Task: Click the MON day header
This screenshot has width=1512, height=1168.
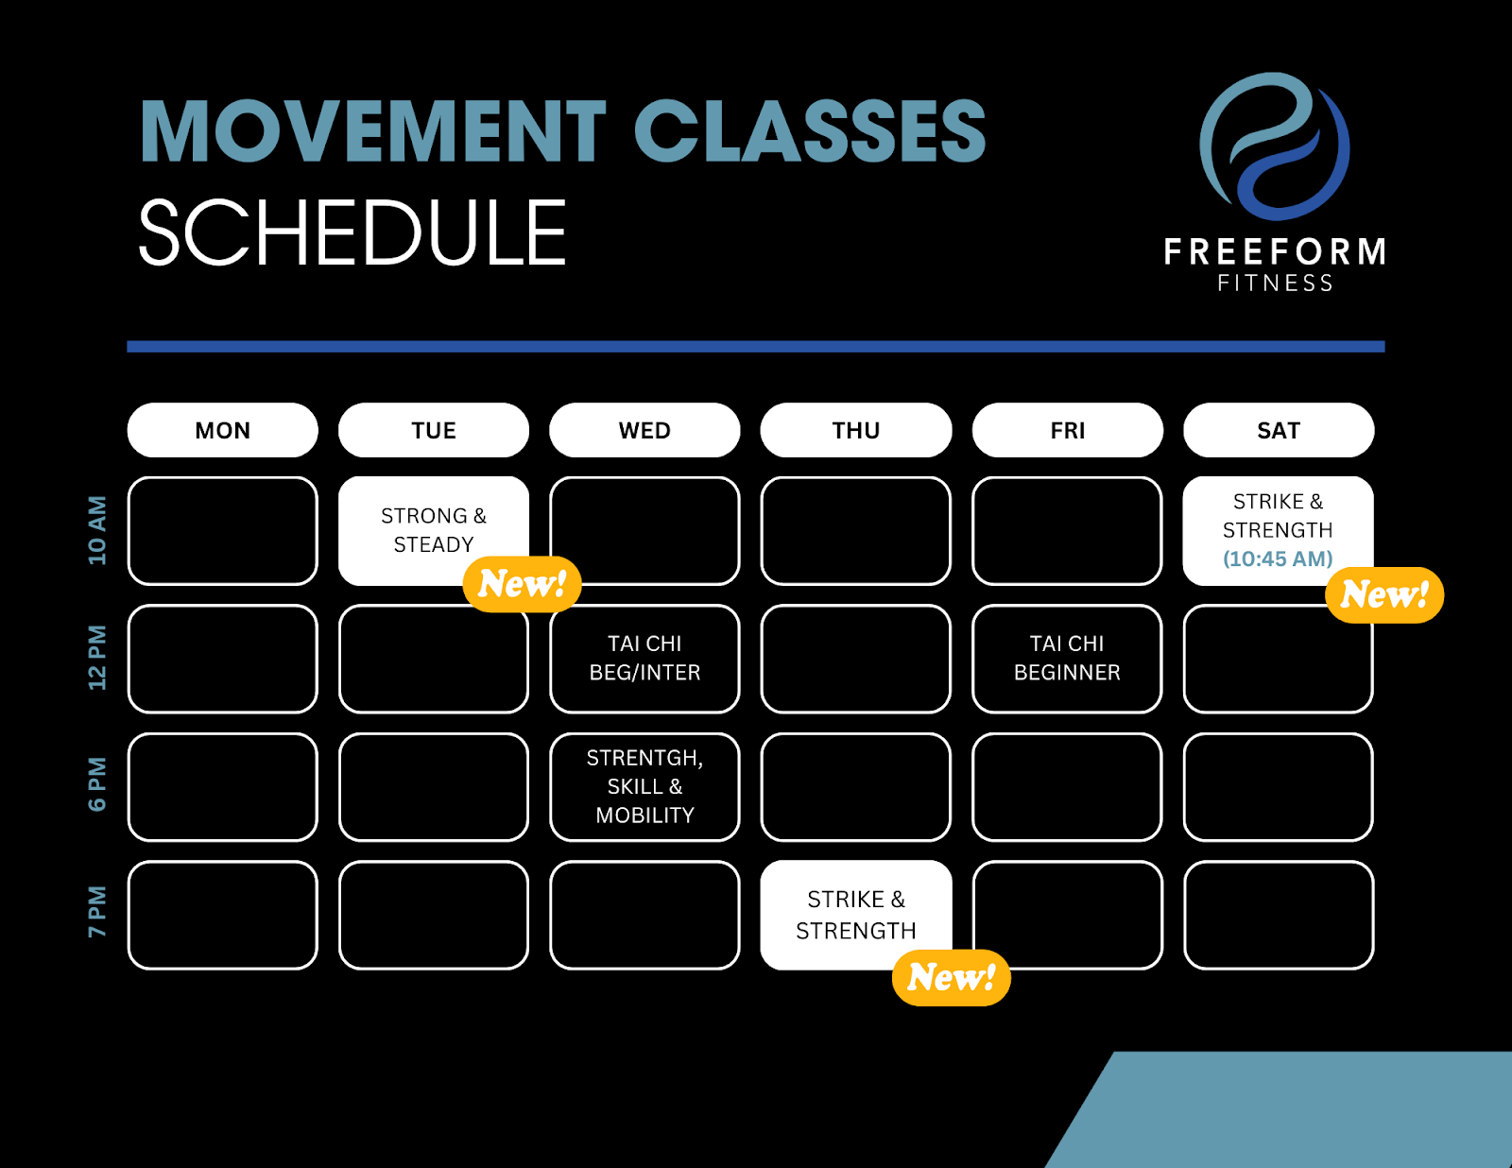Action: [223, 430]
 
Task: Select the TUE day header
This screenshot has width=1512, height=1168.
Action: [434, 430]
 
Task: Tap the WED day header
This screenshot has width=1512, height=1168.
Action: [644, 430]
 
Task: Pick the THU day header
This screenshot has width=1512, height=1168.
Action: [856, 430]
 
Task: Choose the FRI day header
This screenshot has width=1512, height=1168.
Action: [1067, 430]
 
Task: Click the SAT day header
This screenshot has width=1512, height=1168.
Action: [1279, 430]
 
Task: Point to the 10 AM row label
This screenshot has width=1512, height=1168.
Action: [97, 530]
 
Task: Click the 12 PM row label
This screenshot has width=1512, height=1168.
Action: [97, 658]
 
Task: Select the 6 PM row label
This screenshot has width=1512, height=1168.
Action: [97, 784]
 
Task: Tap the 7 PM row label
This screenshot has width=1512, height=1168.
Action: [97, 912]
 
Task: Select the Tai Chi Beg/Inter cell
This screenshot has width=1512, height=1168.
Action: [644, 659]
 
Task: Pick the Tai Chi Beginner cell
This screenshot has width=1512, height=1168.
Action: [1067, 659]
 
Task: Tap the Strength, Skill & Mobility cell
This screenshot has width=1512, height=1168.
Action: [644, 787]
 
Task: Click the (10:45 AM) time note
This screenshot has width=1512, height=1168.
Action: [1279, 558]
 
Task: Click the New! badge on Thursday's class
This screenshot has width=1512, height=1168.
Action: [952, 977]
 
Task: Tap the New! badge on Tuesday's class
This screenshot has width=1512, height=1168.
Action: [522, 584]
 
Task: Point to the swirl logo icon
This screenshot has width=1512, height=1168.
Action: [1275, 146]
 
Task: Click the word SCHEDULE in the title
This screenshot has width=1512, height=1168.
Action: [352, 232]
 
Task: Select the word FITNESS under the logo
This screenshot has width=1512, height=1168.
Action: [1276, 283]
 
